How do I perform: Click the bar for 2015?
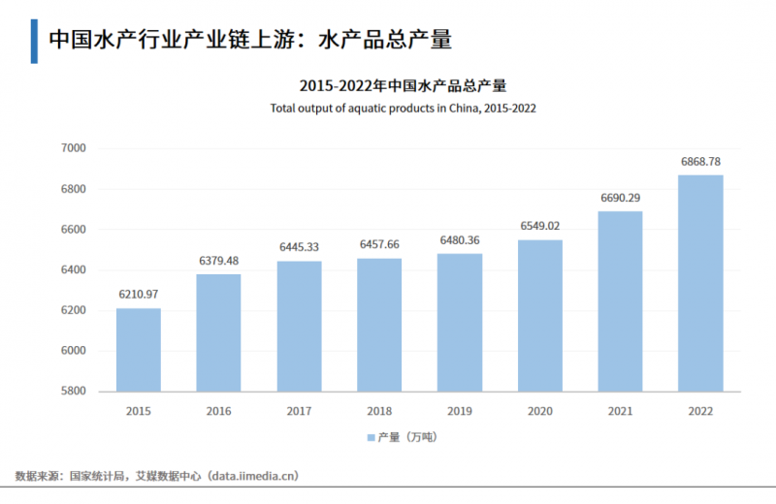point(139,350)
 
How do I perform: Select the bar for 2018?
point(379,325)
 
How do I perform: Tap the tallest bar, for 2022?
point(699,283)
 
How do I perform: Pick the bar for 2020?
point(539,315)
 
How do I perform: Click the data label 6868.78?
point(700,161)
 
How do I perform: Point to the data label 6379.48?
point(219,261)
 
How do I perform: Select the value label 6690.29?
point(620,198)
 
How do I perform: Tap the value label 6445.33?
point(299,247)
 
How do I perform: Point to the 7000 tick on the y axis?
point(74,148)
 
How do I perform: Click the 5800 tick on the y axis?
point(74,392)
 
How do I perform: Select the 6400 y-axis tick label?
point(74,269)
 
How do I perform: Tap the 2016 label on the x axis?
point(219,411)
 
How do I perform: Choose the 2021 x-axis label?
point(620,411)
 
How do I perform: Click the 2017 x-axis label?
point(299,411)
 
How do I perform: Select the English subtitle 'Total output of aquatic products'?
point(403,109)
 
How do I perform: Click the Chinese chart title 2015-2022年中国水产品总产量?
point(403,85)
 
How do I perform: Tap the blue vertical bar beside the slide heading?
point(34,40)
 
